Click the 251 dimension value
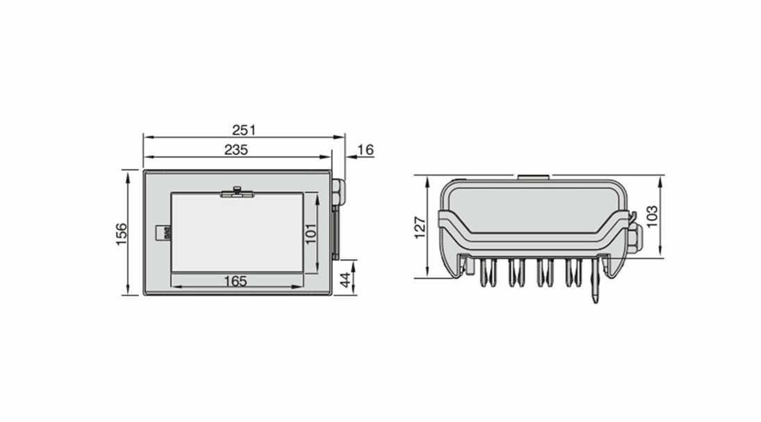pos(244,130)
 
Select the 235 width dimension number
pos(236,149)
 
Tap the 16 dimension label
pos(366,149)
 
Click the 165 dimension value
pos(236,280)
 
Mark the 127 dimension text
pos(419,227)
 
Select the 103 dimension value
pos(651,216)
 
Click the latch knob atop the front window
pos(237,190)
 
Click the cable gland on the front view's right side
pos(338,192)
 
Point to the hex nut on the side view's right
pos(635,238)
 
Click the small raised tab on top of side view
pos(533,177)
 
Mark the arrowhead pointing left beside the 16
pos(350,158)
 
